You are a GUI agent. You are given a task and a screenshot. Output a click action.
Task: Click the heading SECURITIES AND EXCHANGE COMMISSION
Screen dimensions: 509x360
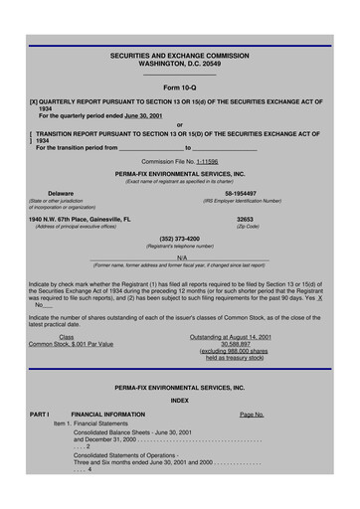pyautogui.click(x=179, y=57)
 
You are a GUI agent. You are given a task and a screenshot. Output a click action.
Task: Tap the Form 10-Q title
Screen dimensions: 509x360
pyautogui.click(x=179, y=87)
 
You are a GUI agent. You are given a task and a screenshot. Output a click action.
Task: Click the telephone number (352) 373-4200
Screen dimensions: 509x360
pyautogui.click(x=179, y=239)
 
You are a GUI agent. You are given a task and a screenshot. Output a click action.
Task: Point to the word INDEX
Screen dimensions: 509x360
pyautogui.click(x=179, y=400)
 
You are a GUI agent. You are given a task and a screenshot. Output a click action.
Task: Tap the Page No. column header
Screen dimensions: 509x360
pyautogui.click(x=252, y=414)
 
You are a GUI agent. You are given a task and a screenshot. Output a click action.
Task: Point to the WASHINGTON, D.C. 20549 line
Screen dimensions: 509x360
pyautogui.click(x=179, y=65)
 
